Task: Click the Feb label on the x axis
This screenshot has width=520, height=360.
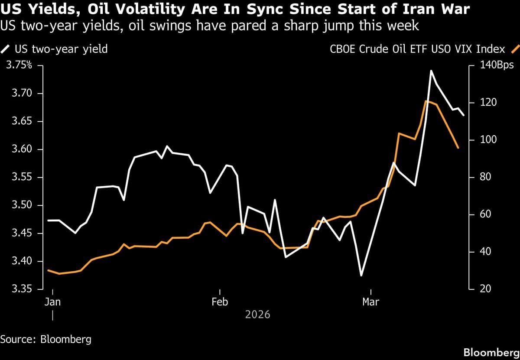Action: tap(220, 302)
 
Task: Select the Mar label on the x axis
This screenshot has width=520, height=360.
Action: tap(370, 302)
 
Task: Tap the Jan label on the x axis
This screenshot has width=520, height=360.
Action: tap(52, 302)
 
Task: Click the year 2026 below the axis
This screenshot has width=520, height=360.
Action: tap(257, 315)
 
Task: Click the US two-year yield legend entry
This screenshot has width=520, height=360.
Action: tap(56, 49)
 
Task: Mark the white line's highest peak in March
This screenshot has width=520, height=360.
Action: tap(431, 70)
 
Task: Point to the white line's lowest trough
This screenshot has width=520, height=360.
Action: tap(361, 276)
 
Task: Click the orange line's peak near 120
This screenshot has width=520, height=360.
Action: tap(426, 101)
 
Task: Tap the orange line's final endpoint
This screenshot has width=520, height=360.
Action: tap(458, 148)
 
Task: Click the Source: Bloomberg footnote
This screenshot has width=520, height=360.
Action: tap(45, 339)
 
